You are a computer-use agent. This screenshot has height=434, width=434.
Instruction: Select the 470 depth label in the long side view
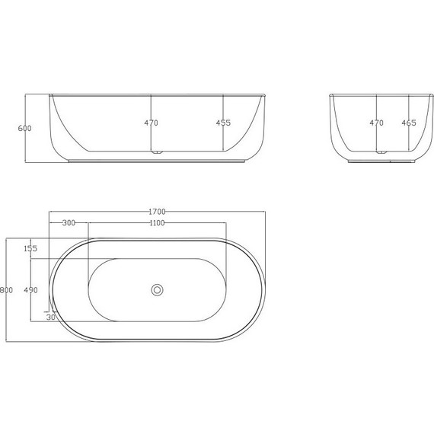(x=152, y=123)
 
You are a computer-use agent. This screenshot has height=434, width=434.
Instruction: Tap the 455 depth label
(x=223, y=123)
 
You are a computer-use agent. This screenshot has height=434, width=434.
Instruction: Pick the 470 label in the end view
(x=377, y=123)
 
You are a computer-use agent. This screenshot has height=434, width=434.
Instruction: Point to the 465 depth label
(x=409, y=123)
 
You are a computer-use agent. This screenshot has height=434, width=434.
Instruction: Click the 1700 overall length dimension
(x=158, y=212)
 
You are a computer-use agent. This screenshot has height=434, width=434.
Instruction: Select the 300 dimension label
(x=69, y=223)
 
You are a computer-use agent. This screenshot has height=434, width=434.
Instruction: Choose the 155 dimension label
(x=30, y=249)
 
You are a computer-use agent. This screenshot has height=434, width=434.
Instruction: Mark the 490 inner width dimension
(x=30, y=290)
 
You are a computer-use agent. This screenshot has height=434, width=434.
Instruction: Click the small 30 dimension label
(x=50, y=318)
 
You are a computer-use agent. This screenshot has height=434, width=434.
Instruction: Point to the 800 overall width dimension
(x=7, y=290)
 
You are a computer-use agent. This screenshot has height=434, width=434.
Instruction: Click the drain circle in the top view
(x=158, y=289)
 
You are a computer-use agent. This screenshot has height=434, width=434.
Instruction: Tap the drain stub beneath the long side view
(x=157, y=155)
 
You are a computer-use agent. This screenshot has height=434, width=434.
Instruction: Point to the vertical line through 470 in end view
(x=377, y=141)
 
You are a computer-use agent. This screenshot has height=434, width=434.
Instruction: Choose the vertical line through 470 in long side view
(x=152, y=141)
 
